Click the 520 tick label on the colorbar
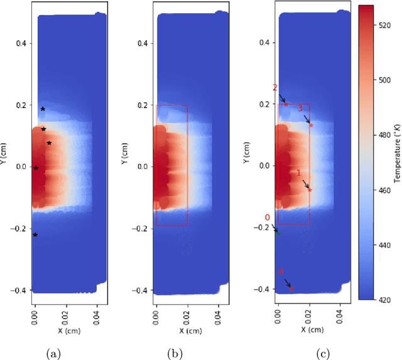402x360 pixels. click(x=384, y=21)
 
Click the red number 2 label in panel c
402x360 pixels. click(x=274, y=88)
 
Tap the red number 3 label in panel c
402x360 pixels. click(x=300, y=109)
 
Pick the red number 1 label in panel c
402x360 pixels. click(x=298, y=172)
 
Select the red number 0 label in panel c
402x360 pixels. click(x=267, y=218)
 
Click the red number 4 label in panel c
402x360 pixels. click(x=281, y=272)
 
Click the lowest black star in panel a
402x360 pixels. click(x=35, y=235)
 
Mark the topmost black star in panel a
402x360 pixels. click(x=43, y=109)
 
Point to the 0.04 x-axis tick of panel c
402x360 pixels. click(x=340, y=310)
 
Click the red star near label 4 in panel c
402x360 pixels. click(x=292, y=288)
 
